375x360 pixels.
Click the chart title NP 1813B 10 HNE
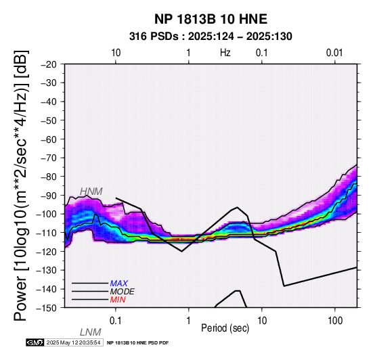pos(211,19)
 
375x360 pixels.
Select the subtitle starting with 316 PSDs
pos(211,37)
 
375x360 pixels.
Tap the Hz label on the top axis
pos(225,53)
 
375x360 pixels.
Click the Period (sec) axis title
pos(225,328)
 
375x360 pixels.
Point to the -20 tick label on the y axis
pos(49,64)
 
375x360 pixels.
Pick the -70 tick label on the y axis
pos(49,158)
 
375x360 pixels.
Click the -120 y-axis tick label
pos(47,252)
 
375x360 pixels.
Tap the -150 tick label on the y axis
pos(47,308)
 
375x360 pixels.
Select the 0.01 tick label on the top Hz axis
pos(334,53)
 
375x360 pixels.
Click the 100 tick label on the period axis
pos(335,321)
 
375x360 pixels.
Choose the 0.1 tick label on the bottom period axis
pos(116,321)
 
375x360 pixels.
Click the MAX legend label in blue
pos(119,284)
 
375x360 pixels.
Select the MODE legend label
pos(123,292)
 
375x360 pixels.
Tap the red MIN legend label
pos(118,300)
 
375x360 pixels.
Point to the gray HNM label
pos(91,192)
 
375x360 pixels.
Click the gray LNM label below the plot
pos(91,332)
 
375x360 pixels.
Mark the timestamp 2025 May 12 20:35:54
pos(73,343)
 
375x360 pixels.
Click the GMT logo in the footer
pos(35,343)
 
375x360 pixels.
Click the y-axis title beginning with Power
pos(21,186)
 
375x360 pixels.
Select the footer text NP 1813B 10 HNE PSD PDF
pos(138,343)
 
